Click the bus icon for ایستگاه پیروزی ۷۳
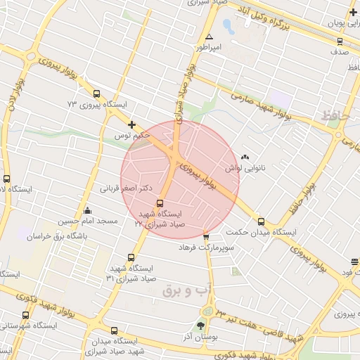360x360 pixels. pyautogui.click(x=96, y=94)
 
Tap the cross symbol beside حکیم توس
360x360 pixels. pyautogui.click(x=131, y=124)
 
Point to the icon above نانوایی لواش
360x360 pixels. pyautogui.click(x=244, y=157)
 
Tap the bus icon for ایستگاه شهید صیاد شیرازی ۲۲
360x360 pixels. pyautogui.click(x=159, y=204)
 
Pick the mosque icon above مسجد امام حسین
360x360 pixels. pyautogui.click(x=87, y=210)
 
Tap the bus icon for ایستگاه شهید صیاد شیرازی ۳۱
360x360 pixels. pyautogui.click(x=131, y=257)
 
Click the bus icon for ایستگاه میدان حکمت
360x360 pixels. pyautogui.click(x=262, y=221)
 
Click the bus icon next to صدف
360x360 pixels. pyautogui.click(x=340, y=41)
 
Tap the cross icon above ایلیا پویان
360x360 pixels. pyautogui.click(x=352, y=12)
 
